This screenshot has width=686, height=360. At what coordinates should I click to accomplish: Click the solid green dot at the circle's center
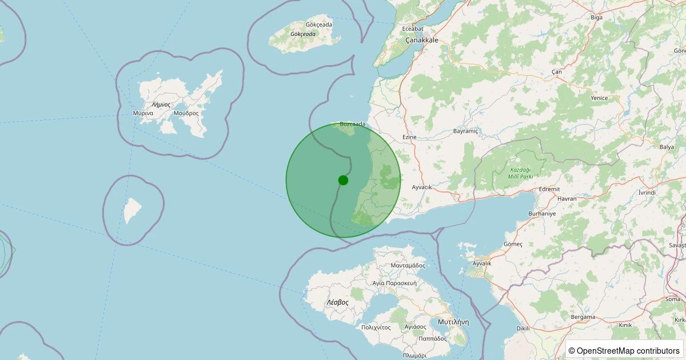(343, 180)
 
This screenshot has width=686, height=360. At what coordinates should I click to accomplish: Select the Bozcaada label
(352, 123)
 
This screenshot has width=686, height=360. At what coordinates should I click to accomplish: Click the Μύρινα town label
(143, 113)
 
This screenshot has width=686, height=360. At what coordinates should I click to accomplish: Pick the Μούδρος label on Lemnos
(186, 113)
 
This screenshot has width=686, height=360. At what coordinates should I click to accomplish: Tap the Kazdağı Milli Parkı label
(521, 173)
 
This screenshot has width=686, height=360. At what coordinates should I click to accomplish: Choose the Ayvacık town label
(422, 187)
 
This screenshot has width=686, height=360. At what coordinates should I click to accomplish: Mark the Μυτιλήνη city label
(453, 322)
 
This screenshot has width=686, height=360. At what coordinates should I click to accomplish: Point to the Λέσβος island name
(337, 302)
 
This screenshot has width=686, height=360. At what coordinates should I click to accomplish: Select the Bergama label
(583, 317)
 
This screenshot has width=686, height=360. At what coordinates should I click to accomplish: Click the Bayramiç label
(465, 131)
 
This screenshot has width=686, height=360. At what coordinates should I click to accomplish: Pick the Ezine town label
(409, 137)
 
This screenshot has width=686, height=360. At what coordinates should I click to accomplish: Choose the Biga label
(596, 17)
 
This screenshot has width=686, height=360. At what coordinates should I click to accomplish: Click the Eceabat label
(413, 29)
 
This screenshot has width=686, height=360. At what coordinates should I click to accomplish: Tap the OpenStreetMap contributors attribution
(624, 350)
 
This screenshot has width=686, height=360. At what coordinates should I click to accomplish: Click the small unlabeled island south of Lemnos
(133, 210)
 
